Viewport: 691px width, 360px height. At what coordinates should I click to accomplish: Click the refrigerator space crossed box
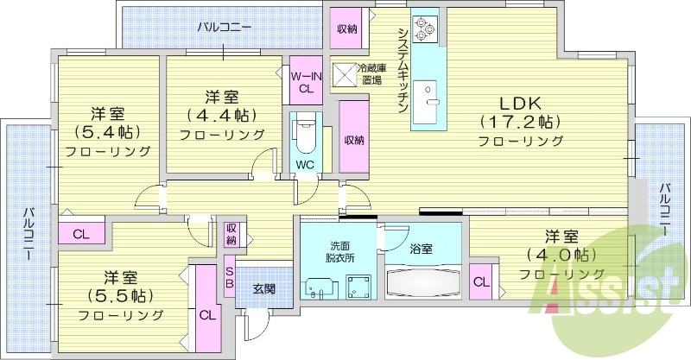click(345, 74)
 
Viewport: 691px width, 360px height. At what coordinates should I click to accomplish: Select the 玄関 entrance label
click(263, 288)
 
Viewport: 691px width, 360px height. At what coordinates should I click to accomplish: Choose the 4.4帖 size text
click(222, 115)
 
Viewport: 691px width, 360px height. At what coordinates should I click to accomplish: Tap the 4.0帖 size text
click(558, 256)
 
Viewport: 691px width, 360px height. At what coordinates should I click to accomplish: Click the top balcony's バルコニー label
click(224, 27)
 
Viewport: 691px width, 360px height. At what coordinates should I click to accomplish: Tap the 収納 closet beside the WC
click(354, 139)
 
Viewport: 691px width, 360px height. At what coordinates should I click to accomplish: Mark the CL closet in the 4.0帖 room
click(481, 282)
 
